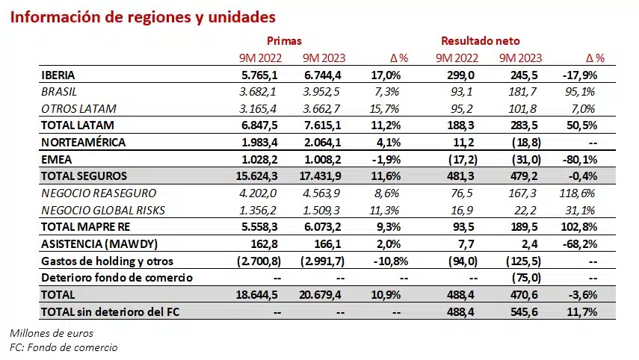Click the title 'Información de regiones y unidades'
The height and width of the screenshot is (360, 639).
(142, 16)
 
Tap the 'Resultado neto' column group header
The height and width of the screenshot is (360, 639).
(480, 41)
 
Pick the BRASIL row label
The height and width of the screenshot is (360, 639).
(59, 92)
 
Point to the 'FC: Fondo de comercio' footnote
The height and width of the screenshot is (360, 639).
(64, 347)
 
